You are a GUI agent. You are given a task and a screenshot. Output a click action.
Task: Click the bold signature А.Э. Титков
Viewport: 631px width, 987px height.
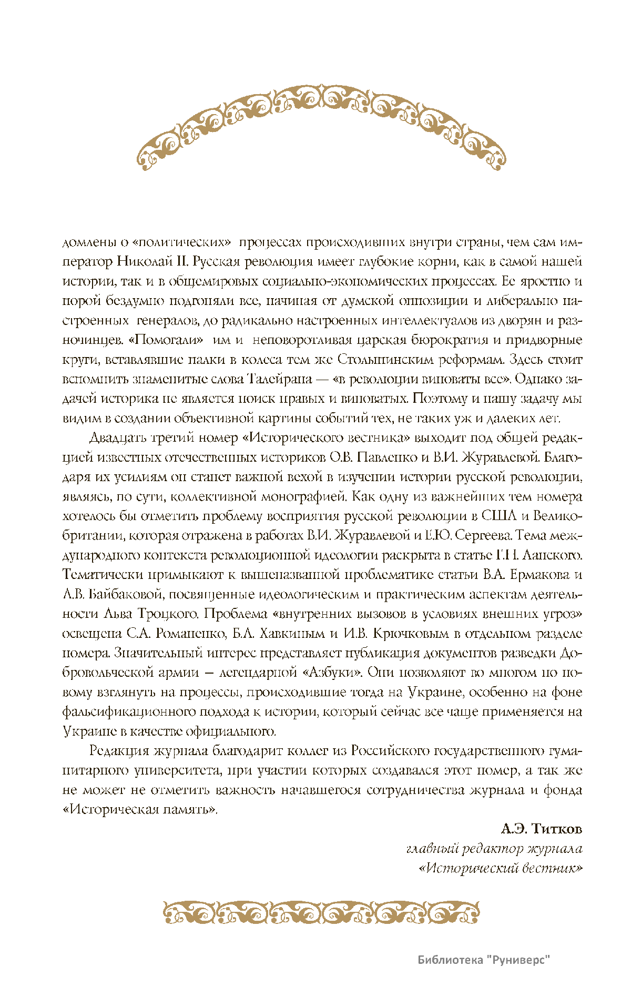point(542,829)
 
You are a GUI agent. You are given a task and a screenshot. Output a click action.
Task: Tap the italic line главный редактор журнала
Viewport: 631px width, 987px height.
point(494,849)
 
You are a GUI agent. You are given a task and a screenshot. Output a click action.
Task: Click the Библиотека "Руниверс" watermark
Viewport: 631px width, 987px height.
point(484,960)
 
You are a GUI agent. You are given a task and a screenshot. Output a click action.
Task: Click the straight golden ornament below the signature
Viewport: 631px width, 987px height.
point(321,913)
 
